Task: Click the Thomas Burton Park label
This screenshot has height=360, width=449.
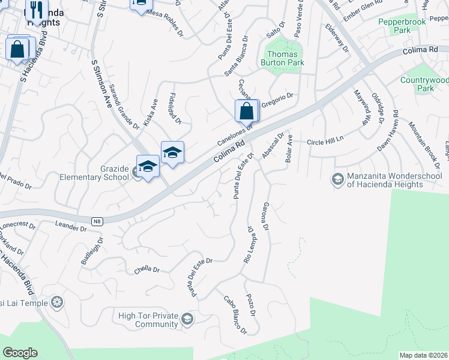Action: [282, 58]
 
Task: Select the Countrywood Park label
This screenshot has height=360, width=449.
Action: [424, 84]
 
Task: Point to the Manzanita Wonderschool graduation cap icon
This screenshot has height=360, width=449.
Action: [338, 179]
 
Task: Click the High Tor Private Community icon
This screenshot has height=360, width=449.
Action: [188, 319]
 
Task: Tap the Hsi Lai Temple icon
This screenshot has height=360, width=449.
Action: [58, 302]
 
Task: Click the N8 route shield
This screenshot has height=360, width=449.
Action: [97, 221]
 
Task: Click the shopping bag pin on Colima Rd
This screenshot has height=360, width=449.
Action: [247, 111]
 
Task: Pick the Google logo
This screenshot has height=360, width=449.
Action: [20, 353]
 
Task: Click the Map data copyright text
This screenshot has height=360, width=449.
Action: [424, 355]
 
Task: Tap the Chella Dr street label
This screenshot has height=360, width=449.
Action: [146, 270]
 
